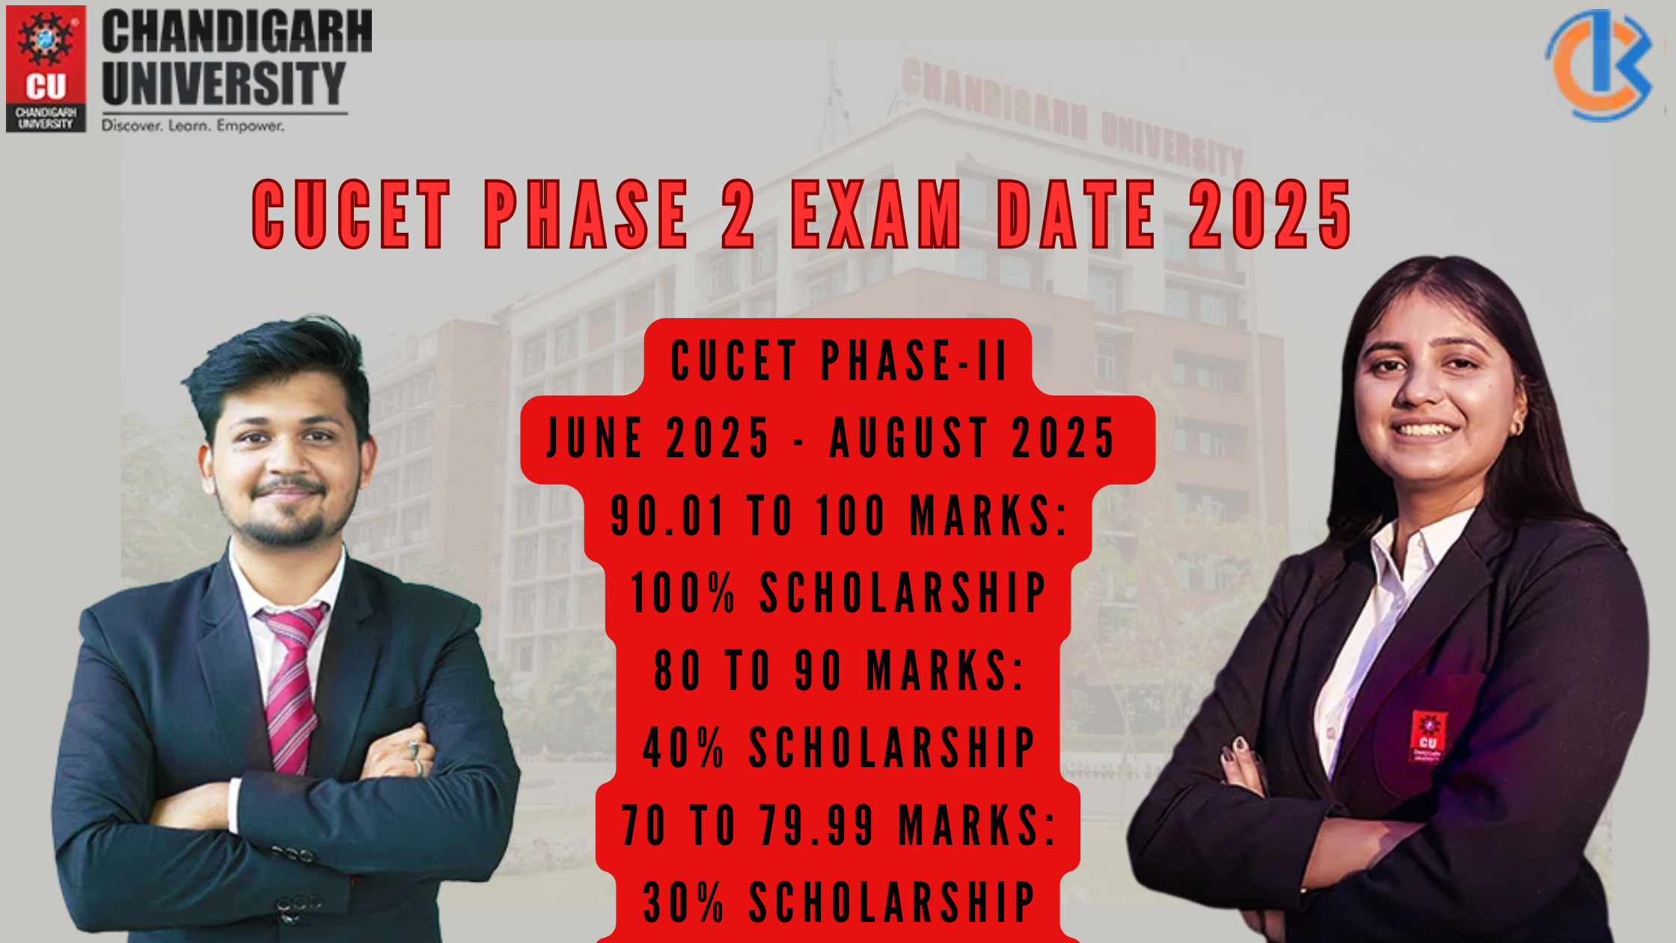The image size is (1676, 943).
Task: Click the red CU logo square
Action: (x=46, y=69)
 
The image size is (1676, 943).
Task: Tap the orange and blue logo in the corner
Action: (x=1599, y=65)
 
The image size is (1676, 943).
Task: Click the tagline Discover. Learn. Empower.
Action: (x=193, y=126)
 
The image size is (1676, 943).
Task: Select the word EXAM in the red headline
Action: (x=876, y=215)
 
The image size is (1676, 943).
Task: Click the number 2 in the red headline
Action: (x=738, y=215)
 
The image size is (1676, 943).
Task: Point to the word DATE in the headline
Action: (x=1076, y=215)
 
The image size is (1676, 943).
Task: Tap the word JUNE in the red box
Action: (x=595, y=439)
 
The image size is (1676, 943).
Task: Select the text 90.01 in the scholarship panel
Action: (x=667, y=516)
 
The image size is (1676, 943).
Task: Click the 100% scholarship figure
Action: (x=683, y=593)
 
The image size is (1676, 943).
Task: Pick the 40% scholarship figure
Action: (x=684, y=747)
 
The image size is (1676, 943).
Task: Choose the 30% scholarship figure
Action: (x=684, y=902)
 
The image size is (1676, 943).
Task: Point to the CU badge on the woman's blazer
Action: (x=1428, y=736)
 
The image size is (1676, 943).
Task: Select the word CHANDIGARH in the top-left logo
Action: (x=237, y=31)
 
